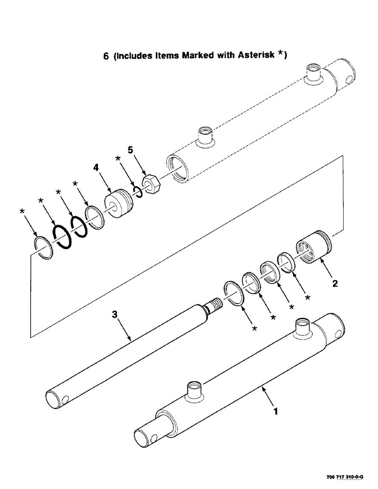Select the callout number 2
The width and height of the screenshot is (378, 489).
[335, 283]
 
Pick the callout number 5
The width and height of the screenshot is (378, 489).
[130, 149]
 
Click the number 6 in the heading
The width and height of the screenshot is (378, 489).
[106, 56]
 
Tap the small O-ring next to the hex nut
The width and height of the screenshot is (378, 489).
[137, 191]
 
